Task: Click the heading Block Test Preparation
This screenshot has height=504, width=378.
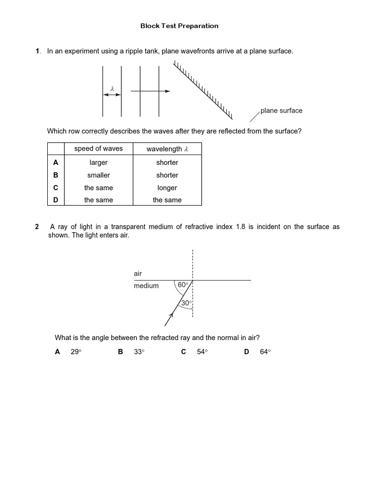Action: point(179,26)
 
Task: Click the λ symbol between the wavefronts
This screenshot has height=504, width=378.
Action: point(112,89)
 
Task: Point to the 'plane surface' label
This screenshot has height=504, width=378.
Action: point(281,110)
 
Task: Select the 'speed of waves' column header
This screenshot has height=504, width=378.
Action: point(98,149)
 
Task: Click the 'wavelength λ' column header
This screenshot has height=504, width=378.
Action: point(167,149)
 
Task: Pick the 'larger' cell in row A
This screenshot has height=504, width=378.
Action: point(98,162)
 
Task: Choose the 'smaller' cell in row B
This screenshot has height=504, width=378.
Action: point(98,175)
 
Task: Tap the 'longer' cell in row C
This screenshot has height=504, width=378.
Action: point(167,188)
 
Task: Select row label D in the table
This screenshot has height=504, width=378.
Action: point(56,200)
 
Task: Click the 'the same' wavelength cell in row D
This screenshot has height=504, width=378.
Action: point(167,200)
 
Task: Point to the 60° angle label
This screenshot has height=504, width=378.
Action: point(183,284)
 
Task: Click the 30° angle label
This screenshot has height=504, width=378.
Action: point(186,303)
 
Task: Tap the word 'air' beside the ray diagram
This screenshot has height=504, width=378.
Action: point(138,273)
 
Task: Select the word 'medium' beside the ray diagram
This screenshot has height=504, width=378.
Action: point(146,285)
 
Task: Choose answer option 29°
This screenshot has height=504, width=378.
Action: point(75,351)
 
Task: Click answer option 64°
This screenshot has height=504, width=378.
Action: point(265,351)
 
